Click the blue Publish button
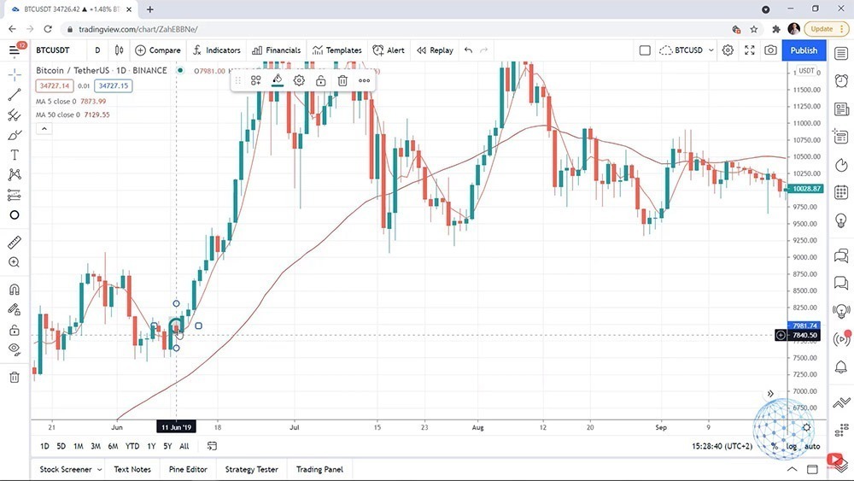click(804, 50)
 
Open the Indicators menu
click(217, 50)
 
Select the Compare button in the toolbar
click(158, 50)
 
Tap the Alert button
click(389, 50)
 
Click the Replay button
click(435, 50)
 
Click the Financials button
click(276, 50)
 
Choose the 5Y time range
click(167, 446)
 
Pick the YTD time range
click(132, 446)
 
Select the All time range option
click(184, 446)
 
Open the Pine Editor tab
click(188, 469)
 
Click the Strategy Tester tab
click(251, 469)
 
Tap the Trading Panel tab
click(319, 469)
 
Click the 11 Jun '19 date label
click(176, 425)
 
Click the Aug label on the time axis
click(477, 425)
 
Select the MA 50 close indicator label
click(73, 114)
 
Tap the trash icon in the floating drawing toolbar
click(342, 81)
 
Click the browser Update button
click(821, 28)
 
